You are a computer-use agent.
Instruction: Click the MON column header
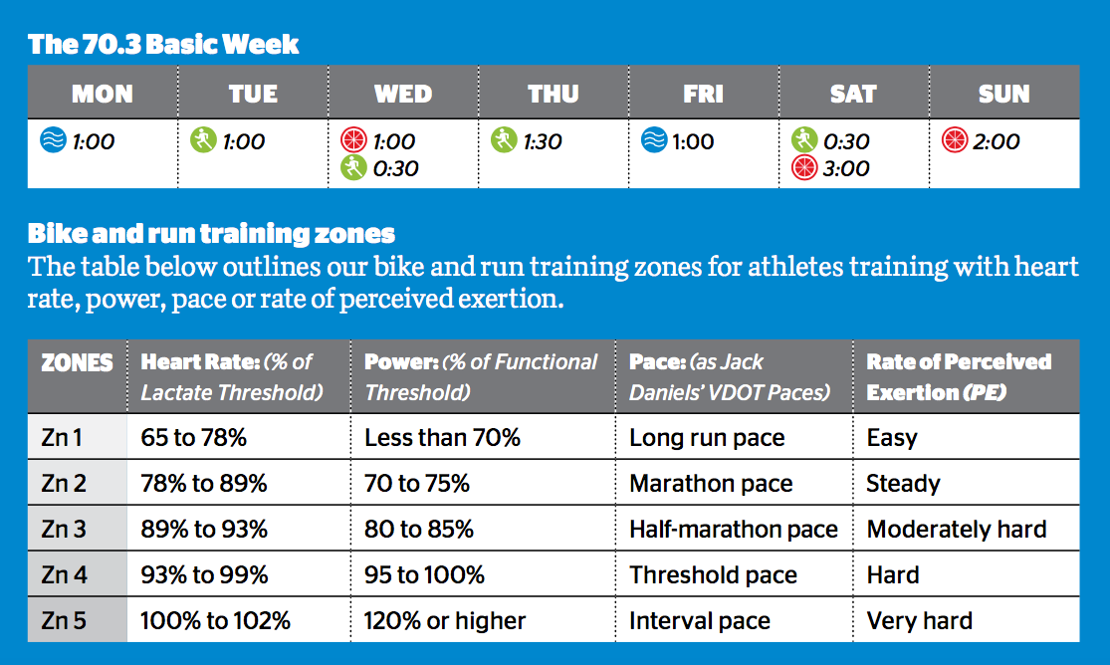point(103,94)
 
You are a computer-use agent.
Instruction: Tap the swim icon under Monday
point(52,141)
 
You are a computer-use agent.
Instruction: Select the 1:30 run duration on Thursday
point(543,141)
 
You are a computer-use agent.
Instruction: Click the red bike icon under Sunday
point(954,141)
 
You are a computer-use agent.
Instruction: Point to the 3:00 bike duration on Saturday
point(846,168)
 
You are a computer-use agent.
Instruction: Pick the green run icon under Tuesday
point(203,141)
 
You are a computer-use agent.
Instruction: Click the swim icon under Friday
point(653,141)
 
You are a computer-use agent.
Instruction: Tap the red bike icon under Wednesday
point(353,141)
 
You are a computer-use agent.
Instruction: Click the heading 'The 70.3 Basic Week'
point(163,45)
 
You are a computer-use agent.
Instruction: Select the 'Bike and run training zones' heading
point(211,234)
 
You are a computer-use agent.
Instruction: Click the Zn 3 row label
point(65,530)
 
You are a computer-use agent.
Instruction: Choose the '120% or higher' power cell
point(445,621)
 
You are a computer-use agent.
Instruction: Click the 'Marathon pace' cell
point(711,484)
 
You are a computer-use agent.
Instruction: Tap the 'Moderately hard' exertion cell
point(956,530)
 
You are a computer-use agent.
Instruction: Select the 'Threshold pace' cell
point(713,575)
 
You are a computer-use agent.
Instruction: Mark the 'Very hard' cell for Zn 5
point(919,621)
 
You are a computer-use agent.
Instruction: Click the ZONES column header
point(77,362)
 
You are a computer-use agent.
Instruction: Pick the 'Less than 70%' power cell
point(442,438)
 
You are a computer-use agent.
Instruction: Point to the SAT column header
point(853,94)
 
